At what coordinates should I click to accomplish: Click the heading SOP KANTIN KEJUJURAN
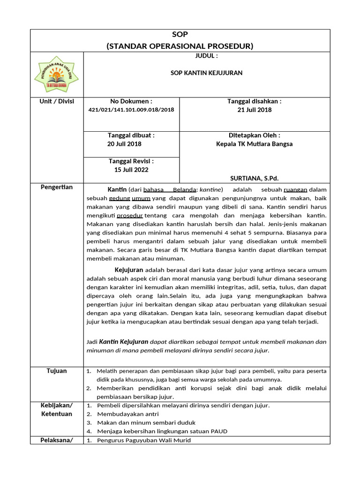(x=206, y=73)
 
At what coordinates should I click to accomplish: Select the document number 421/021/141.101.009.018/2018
(x=131, y=110)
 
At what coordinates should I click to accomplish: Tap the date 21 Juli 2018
(x=255, y=110)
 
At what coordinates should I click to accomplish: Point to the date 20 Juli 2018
(x=124, y=144)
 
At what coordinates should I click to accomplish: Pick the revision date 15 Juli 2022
(x=131, y=170)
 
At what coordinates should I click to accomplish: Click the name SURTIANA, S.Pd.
(x=255, y=178)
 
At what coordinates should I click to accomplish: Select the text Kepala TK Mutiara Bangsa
(x=255, y=144)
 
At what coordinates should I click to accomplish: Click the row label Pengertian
(x=57, y=187)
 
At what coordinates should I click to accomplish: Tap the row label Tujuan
(x=57, y=371)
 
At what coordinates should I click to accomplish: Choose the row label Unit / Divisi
(x=57, y=101)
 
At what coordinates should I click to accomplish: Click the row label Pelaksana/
(x=57, y=440)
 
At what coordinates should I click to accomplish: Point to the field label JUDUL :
(x=206, y=56)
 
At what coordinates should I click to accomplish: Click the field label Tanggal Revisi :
(x=131, y=161)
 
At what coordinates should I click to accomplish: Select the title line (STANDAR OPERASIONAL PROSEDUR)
(x=180, y=46)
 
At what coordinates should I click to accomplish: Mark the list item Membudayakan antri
(x=127, y=414)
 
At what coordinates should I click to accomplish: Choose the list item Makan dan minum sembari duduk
(x=146, y=422)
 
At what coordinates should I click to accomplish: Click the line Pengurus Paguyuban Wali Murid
(x=144, y=440)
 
